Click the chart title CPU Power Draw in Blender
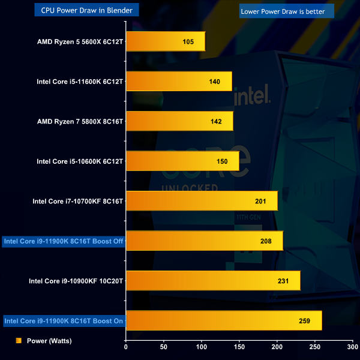click(87, 10)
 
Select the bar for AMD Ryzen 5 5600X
click(165, 42)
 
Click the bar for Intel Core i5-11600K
click(178, 81)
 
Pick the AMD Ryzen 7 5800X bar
click(179, 121)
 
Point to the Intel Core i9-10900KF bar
click(212, 281)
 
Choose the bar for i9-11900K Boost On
click(223, 320)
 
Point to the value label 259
click(304, 321)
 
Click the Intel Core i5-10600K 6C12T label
click(80, 161)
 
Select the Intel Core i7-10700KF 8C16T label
click(77, 201)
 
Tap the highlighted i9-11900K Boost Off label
click(64, 241)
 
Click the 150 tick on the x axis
click(239, 346)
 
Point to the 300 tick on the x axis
click(353, 346)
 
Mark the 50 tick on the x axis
click(164, 346)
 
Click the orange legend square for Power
click(19, 341)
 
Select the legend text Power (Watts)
click(49, 341)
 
